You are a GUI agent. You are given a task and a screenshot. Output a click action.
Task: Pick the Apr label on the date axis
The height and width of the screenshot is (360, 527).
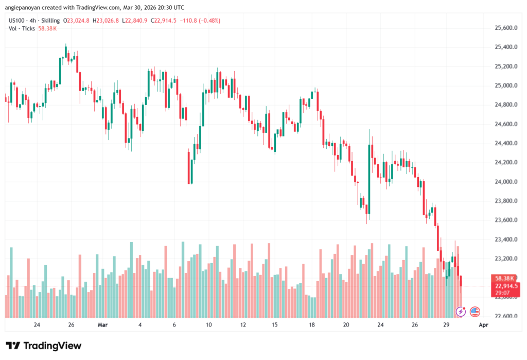click(x=483, y=325)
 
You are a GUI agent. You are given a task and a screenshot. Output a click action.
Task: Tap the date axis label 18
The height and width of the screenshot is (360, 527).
click(x=312, y=325)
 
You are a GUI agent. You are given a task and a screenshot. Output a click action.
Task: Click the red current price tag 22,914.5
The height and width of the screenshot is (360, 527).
click(x=506, y=286)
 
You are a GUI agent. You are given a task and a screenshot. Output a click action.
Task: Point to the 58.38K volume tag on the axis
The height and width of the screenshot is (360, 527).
click(x=506, y=278)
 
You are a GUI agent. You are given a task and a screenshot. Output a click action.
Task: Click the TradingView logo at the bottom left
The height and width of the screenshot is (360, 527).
click(x=43, y=346)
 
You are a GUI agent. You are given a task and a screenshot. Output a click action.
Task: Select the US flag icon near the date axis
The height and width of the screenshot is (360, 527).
click(x=475, y=312)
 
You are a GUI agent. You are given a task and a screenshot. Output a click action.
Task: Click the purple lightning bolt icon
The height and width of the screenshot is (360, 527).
click(x=461, y=312)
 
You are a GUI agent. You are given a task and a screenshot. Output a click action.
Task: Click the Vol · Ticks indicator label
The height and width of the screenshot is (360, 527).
click(x=22, y=28)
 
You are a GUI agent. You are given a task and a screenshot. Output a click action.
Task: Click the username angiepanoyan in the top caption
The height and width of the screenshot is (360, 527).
click(x=26, y=8)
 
